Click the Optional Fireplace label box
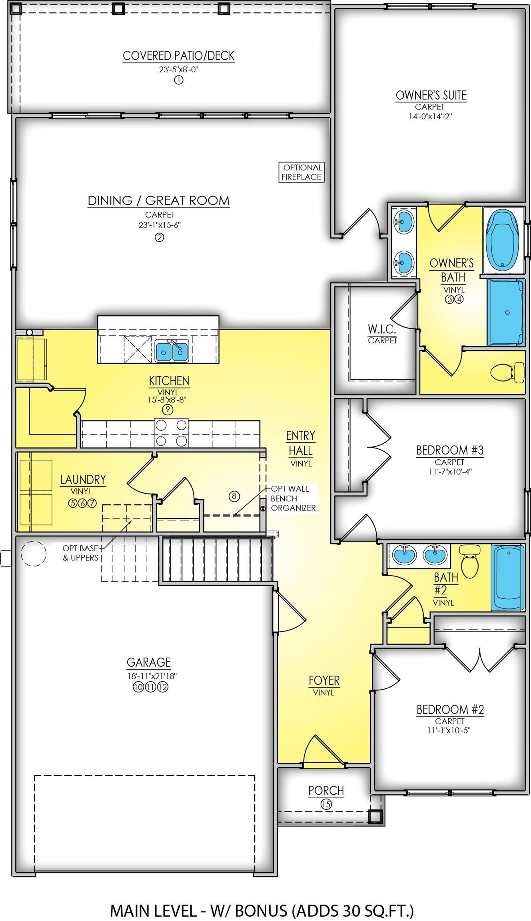tap(301, 172)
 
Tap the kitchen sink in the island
tap(172, 351)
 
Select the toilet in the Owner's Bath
tap(507, 372)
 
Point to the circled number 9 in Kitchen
tap(167, 410)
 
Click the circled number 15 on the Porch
tap(326, 804)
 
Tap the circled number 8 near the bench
tap(234, 496)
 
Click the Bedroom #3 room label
tap(450, 450)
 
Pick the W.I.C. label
tap(382, 329)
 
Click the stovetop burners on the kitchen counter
tap(171, 433)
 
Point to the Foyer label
tap(324, 680)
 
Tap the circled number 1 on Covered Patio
tap(178, 80)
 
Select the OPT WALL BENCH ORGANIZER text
tap(293, 498)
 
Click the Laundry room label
tap(83, 479)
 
